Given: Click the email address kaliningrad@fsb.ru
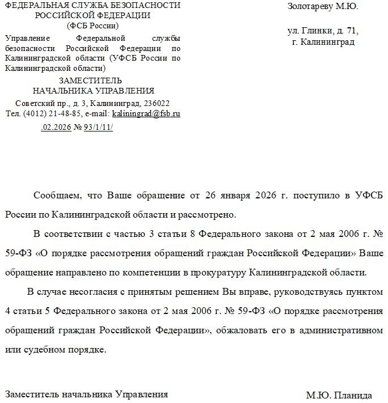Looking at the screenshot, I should click(x=146, y=113).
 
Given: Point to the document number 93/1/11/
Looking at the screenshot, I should click(x=98, y=127).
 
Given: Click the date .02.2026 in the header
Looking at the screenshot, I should click(x=56, y=127).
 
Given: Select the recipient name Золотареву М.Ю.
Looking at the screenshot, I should click(x=323, y=7).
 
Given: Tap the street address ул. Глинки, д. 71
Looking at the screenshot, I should click(x=323, y=31).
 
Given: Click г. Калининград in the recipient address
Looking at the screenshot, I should click(x=323, y=42).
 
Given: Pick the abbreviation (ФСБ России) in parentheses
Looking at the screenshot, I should click(x=93, y=26).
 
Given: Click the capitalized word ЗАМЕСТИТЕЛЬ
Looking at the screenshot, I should click(x=93, y=80).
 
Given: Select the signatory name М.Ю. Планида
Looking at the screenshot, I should click(x=339, y=395).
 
